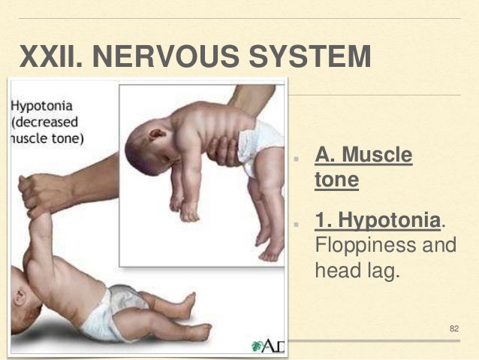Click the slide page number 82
click(x=453, y=328)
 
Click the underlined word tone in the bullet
click(x=331, y=181)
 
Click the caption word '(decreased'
click(x=46, y=123)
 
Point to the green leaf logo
click(x=258, y=346)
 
